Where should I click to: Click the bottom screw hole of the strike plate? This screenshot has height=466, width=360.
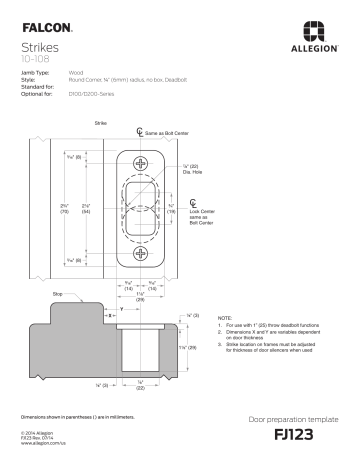139,255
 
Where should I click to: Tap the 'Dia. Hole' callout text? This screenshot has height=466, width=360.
192,172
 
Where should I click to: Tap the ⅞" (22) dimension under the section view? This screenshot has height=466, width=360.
140,387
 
